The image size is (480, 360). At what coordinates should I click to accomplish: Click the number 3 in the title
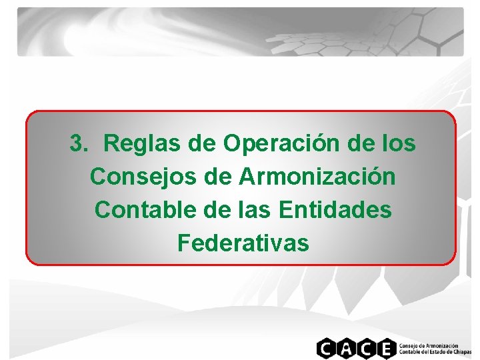click(77, 143)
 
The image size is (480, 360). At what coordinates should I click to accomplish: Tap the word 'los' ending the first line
click(401, 143)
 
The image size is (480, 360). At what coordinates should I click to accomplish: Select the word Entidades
click(335, 210)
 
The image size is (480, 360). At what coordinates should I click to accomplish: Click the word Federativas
click(243, 243)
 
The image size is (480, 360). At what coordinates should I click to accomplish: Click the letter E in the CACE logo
click(385, 349)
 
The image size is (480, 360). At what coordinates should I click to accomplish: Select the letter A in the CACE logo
click(345, 349)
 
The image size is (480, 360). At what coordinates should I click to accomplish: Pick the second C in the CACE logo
click(365, 349)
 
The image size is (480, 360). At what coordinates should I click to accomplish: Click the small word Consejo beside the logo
click(409, 345)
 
